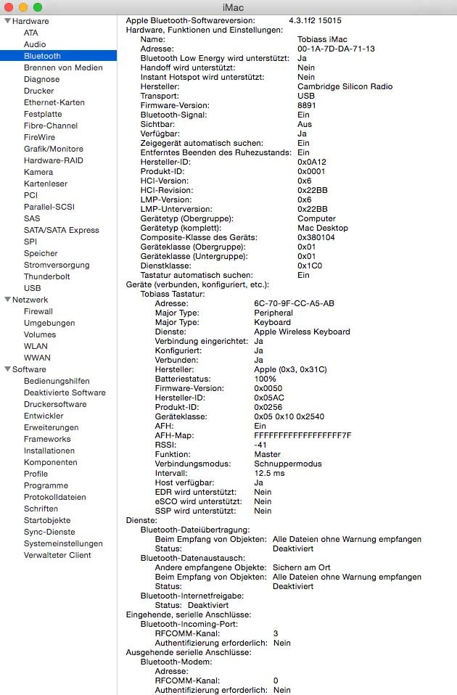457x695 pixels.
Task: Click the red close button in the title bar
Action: [x=9, y=7]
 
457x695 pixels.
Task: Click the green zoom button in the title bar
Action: [x=37, y=7]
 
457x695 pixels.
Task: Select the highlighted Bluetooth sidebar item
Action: [x=42, y=56]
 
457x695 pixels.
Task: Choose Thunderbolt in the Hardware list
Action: [x=46, y=276]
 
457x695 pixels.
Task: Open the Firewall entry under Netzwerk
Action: [x=38, y=311]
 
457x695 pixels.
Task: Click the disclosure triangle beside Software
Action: [x=7, y=369]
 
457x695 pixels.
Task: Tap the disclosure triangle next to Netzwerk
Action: [x=7, y=300]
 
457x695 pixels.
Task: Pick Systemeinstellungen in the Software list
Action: [x=63, y=543]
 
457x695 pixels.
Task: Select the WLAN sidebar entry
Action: [x=36, y=346]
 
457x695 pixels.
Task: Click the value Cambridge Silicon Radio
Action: [x=345, y=86]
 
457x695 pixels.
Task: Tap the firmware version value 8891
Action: [x=307, y=105]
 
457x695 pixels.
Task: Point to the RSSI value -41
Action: [x=261, y=445]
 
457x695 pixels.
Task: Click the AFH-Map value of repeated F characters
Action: [x=302, y=435]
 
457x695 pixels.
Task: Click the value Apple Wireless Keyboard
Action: [x=302, y=332]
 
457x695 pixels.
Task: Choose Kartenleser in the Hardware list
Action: [x=46, y=184]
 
